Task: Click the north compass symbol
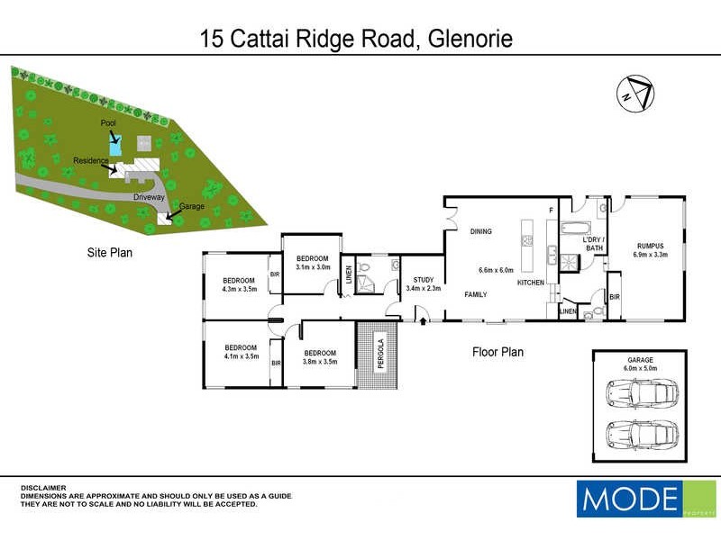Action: click(636, 93)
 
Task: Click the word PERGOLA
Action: click(381, 355)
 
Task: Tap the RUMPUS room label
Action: click(650, 244)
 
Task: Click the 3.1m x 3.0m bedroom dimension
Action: click(314, 267)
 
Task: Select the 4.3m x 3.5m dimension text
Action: click(240, 290)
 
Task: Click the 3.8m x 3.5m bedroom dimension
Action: click(320, 362)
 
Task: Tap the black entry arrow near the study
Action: click(422, 313)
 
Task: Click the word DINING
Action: click(480, 232)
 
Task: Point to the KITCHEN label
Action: click(530, 283)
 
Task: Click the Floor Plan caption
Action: click(498, 352)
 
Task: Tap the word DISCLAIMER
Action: click(44, 488)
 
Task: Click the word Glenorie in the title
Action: click(469, 40)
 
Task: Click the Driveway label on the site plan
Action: click(150, 195)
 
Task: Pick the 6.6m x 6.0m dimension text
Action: click(495, 270)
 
